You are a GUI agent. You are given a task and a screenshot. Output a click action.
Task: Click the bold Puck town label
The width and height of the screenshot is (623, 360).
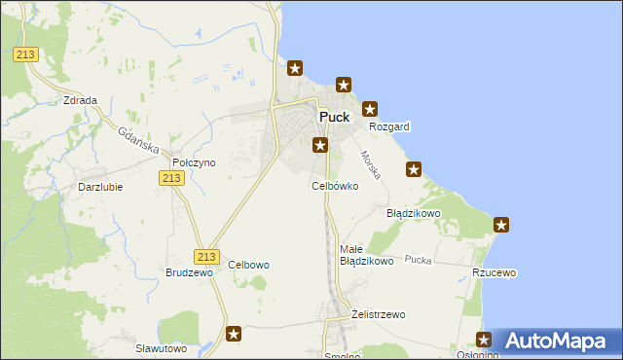point(334,117)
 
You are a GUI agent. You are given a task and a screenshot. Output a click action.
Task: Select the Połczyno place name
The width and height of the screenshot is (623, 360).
point(193,162)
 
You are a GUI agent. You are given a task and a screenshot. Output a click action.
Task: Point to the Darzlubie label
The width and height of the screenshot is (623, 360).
point(100,187)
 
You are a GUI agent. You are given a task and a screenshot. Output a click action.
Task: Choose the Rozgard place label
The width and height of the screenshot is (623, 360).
point(389,126)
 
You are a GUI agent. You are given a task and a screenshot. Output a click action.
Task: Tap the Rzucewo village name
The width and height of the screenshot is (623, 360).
point(494,273)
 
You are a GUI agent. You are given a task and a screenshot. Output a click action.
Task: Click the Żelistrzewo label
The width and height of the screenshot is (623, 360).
point(377,314)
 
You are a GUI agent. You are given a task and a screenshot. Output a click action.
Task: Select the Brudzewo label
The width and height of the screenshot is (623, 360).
point(189,273)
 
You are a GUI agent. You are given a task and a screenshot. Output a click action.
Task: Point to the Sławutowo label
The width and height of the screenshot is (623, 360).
point(161,347)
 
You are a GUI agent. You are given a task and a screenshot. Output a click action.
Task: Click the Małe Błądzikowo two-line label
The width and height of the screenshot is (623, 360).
point(366,255)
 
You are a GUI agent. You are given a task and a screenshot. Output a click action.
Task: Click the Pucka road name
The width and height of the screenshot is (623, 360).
point(419,260)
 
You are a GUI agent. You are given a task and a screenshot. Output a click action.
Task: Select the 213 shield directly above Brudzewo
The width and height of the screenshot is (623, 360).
point(204,256)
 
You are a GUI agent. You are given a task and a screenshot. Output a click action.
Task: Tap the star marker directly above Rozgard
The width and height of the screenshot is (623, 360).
point(370,109)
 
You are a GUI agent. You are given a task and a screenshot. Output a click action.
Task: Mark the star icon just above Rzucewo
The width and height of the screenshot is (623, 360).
point(502,226)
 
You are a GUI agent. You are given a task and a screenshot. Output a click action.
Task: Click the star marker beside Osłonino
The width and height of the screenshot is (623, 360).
point(485,340)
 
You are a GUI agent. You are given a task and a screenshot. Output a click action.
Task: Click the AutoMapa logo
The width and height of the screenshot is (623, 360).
point(558,342)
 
